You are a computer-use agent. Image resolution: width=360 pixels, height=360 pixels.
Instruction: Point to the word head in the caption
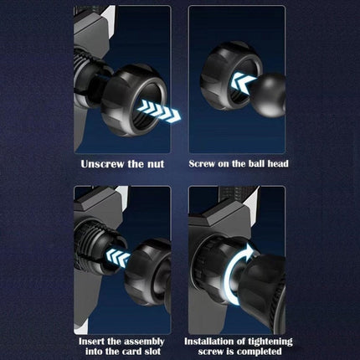coord(278,163)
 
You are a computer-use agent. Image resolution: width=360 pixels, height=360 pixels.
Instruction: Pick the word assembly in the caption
coord(144,342)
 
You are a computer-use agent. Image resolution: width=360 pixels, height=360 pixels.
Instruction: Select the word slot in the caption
coord(152,352)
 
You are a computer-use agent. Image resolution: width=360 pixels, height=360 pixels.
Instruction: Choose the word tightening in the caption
coord(270,342)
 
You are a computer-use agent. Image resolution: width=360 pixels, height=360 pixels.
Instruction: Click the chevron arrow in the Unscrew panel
coord(159,111)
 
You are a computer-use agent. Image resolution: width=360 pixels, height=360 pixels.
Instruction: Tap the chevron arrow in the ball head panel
coord(242,82)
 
